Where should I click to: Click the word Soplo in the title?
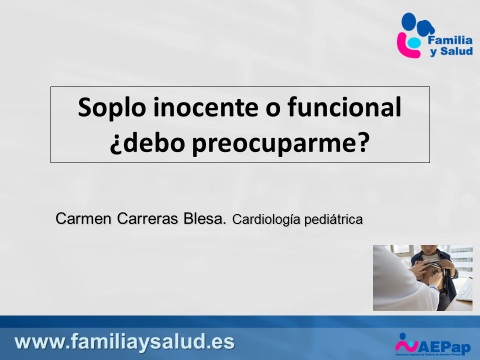tap(112, 108)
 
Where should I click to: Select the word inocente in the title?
tap(206, 107)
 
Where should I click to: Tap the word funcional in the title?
tap(344, 107)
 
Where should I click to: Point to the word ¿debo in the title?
tap(147, 143)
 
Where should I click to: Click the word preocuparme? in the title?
tap(281, 144)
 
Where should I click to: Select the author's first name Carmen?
tap(83, 219)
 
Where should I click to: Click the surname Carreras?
tap(147, 219)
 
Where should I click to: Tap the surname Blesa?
tap(205, 219)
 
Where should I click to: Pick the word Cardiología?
tap(266, 220)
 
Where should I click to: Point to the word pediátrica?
tap(333, 219)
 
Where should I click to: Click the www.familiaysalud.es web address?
tap(125, 342)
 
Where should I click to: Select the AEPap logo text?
tap(445, 348)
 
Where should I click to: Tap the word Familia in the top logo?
tap(450, 40)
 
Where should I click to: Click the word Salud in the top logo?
tap(456, 51)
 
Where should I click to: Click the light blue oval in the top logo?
tap(414, 42)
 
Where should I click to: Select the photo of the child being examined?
tap(423, 278)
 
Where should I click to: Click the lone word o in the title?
tap(273, 110)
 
